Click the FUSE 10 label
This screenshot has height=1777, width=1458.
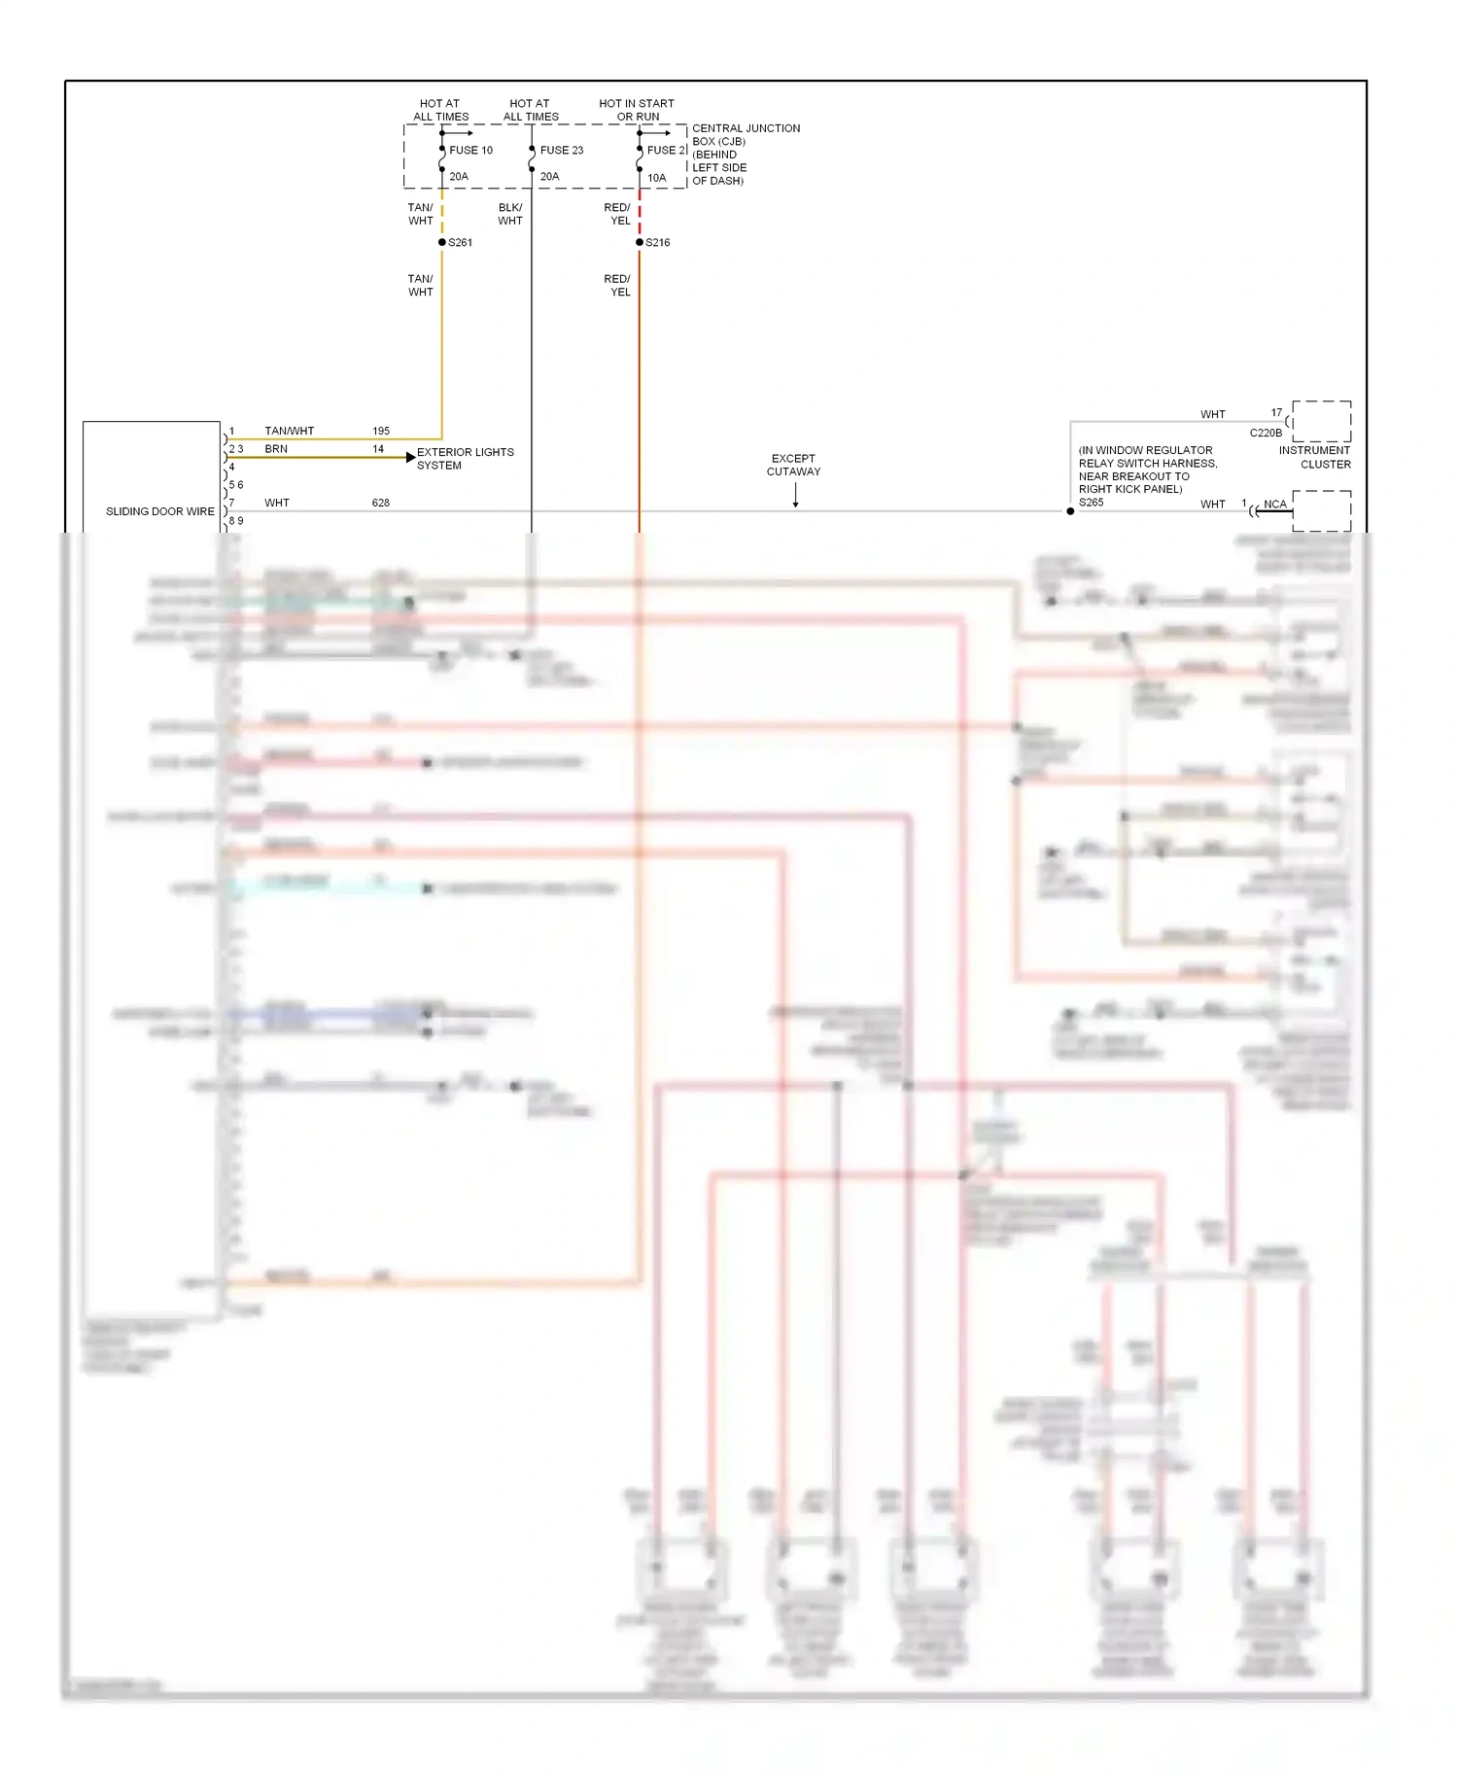click(x=470, y=150)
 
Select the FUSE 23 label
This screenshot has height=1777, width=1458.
click(x=562, y=150)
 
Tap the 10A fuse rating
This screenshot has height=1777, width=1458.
click(x=657, y=178)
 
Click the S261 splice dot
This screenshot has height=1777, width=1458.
click(x=442, y=242)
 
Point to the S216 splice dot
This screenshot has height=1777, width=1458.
click(x=640, y=242)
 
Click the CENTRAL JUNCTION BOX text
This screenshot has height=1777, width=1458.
click(x=746, y=134)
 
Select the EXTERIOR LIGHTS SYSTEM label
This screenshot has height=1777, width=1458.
click(x=465, y=459)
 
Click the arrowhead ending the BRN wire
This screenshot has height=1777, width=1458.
click(x=411, y=457)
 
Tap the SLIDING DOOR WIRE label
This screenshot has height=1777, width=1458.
click(x=160, y=511)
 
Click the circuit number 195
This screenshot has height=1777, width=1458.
click(x=381, y=431)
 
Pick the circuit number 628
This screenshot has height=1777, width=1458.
click(x=381, y=503)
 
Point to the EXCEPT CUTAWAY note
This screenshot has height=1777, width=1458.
click(x=793, y=465)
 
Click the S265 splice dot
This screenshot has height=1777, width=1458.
click(x=1070, y=511)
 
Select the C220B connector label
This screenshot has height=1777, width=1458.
click(x=1266, y=433)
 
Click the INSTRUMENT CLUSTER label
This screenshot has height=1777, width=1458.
click(x=1314, y=457)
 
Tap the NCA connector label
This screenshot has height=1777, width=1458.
click(x=1274, y=504)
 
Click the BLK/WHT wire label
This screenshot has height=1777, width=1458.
click(x=510, y=214)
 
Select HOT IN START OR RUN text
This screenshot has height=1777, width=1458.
click(x=637, y=110)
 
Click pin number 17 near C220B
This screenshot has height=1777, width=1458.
click(x=1276, y=412)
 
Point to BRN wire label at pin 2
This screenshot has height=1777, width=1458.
click(x=276, y=449)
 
